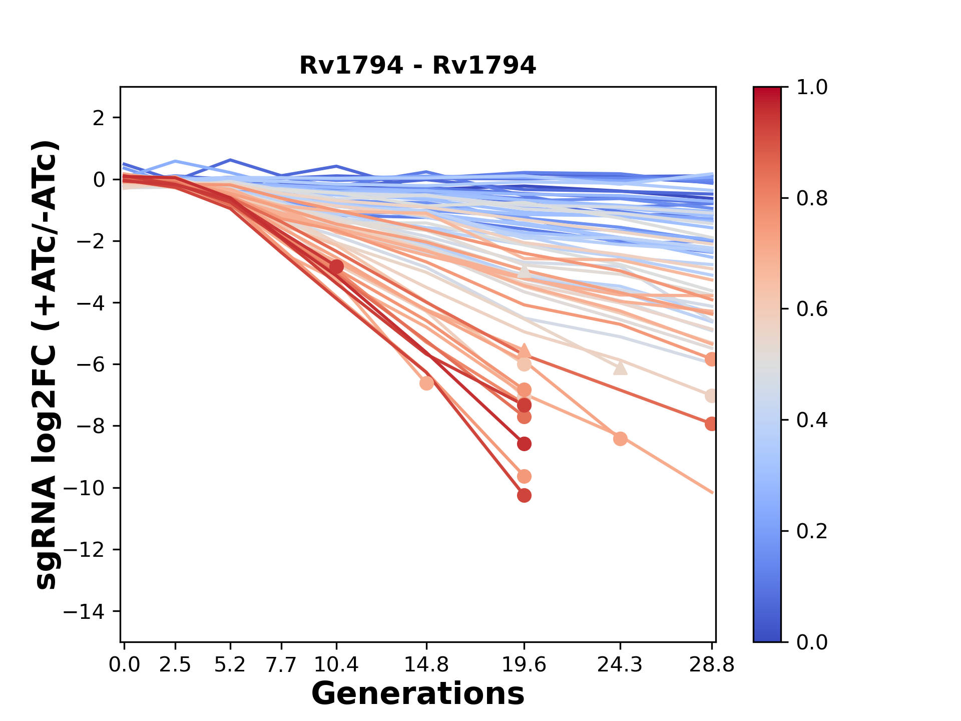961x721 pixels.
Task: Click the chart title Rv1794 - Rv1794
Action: pyautogui.click(x=417, y=66)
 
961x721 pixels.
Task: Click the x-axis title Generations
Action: pyautogui.click(x=417, y=693)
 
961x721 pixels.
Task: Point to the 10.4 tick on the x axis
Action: pyautogui.click(x=336, y=665)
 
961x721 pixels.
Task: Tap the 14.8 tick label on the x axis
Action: pyautogui.click(x=426, y=665)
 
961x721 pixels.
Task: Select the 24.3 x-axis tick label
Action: pyautogui.click(x=620, y=665)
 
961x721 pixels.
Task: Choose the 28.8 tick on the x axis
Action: pyautogui.click(x=712, y=665)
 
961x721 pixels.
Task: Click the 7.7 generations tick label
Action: pyautogui.click(x=282, y=665)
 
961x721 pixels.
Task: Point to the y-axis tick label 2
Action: pyautogui.click(x=99, y=118)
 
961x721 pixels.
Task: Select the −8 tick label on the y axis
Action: pyautogui.click(x=90, y=427)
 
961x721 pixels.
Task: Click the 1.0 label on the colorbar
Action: pyautogui.click(x=812, y=88)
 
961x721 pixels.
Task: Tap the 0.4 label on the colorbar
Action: pyautogui.click(x=812, y=420)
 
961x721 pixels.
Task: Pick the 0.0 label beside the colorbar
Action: pyautogui.click(x=812, y=642)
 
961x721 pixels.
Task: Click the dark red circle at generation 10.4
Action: pyautogui.click(x=336, y=266)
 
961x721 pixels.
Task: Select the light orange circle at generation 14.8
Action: pyautogui.click(x=426, y=383)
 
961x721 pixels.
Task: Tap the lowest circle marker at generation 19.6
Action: pyautogui.click(x=524, y=496)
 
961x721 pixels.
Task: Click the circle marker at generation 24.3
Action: pyautogui.click(x=620, y=439)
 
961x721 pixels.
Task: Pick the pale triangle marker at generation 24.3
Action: pyautogui.click(x=620, y=368)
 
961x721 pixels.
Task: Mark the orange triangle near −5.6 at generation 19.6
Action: pyautogui.click(x=524, y=350)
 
